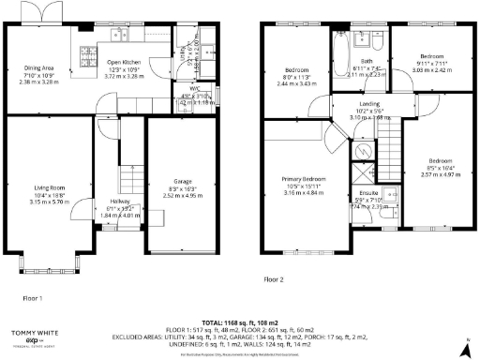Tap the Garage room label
coord(170,181)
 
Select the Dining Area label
coord(37,67)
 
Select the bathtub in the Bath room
coord(339,44)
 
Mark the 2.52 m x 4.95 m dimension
coord(170,196)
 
